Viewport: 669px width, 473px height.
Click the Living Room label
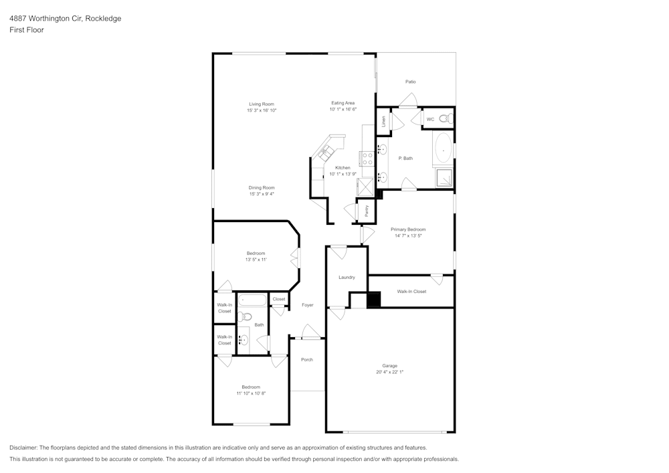pyautogui.click(x=262, y=104)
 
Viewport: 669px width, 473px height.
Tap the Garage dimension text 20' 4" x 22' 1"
pyautogui.click(x=390, y=372)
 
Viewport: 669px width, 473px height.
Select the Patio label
pyautogui.click(x=410, y=82)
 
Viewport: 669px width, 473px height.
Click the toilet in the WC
pyautogui.click(x=448, y=119)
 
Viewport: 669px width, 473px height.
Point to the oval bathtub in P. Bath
pyautogui.click(x=443, y=149)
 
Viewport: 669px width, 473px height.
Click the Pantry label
pyautogui.click(x=367, y=211)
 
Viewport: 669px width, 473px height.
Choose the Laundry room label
pyautogui.click(x=347, y=277)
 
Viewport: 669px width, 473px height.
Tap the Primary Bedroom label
pyautogui.click(x=408, y=229)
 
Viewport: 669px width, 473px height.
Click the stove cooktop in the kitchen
pyautogui.click(x=367, y=159)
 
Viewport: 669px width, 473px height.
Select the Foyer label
pyautogui.click(x=307, y=305)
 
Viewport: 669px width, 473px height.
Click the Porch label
pyautogui.click(x=307, y=360)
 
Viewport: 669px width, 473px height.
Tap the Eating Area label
pyautogui.click(x=343, y=103)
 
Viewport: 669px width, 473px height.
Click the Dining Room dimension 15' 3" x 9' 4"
pyautogui.click(x=262, y=194)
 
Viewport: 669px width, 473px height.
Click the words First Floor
pyautogui.click(x=27, y=30)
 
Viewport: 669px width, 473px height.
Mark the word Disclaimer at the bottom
pyautogui.click(x=24, y=448)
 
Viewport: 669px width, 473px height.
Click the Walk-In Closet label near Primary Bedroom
pyautogui.click(x=411, y=292)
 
